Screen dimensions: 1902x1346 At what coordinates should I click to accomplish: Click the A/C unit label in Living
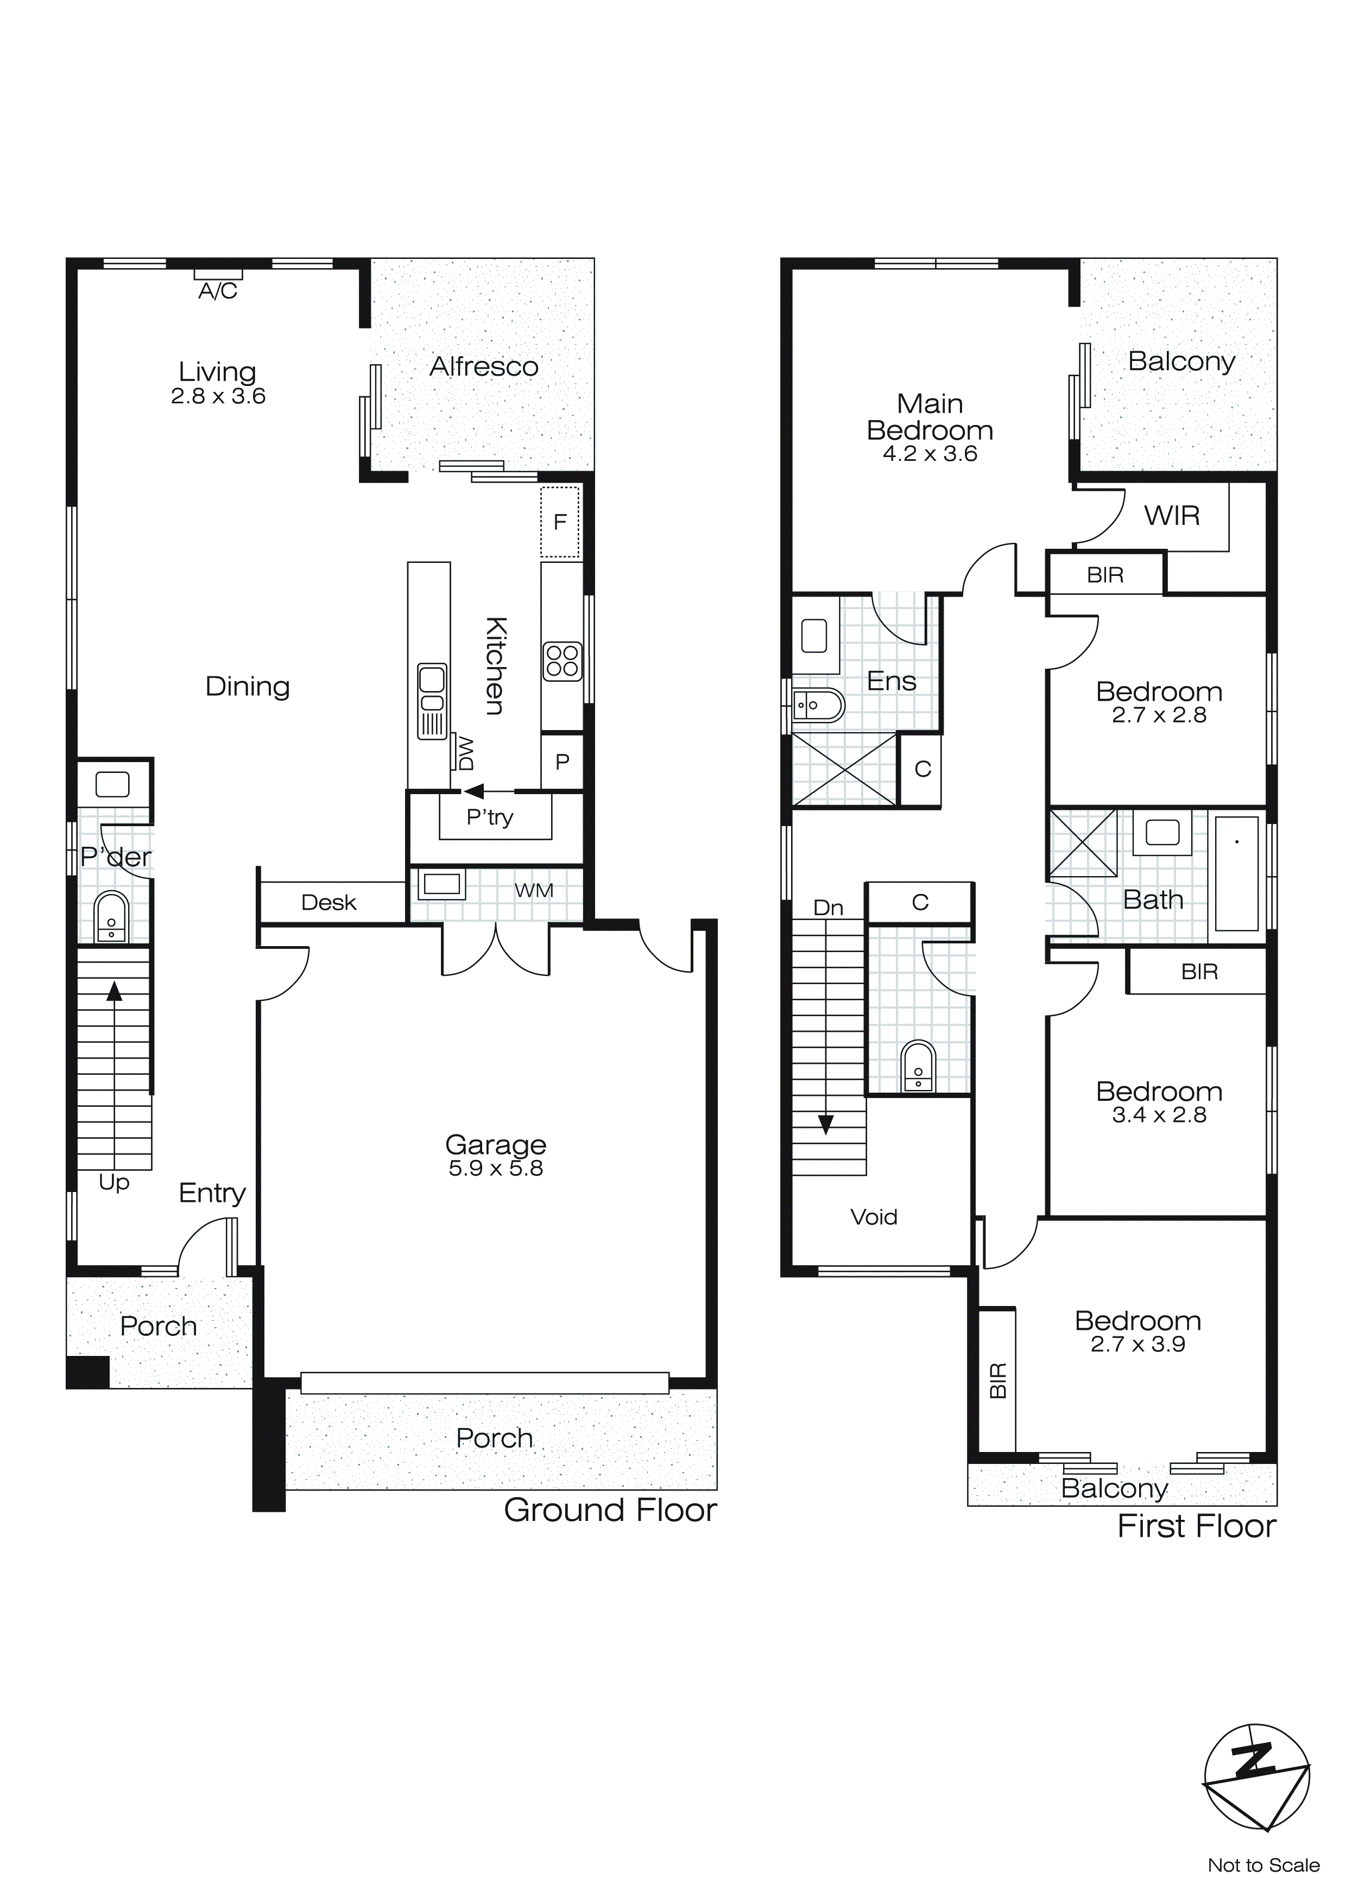pyautogui.click(x=218, y=291)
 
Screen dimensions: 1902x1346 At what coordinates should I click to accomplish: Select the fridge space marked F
pyautogui.click(x=560, y=522)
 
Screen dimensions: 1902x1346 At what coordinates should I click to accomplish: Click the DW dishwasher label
pyautogui.click(x=464, y=752)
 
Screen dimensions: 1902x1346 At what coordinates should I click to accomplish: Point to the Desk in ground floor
pyautogui.click(x=329, y=902)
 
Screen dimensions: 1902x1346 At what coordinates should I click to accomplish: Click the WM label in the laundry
pyautogui.click(x=534, y=891)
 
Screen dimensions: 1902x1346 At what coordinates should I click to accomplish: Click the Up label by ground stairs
pyautogui.click(x=113, y=1182)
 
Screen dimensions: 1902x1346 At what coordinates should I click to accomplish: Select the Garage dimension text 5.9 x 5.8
pyautogui.click(x=496, y=1168)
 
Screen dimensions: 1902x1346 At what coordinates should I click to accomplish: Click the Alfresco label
pyautogui.click(x=484, y=366)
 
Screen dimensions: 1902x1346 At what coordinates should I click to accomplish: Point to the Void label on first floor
pyautogui.click(x=874, y=1217)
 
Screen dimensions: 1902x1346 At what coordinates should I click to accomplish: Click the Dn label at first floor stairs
pyautogui.click(x=828, y=908)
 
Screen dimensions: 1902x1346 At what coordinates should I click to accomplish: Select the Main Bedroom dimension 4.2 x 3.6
pyautogui.click(x=930, y=454)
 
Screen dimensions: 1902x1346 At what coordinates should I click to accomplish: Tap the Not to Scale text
pyautogui.click(x=1263, y=1866)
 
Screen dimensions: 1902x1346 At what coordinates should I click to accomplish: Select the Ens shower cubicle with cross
pyautogui.click(x=844, y=769)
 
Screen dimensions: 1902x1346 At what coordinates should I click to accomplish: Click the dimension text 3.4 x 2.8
pyautogui.click(x=1159, y=1115)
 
